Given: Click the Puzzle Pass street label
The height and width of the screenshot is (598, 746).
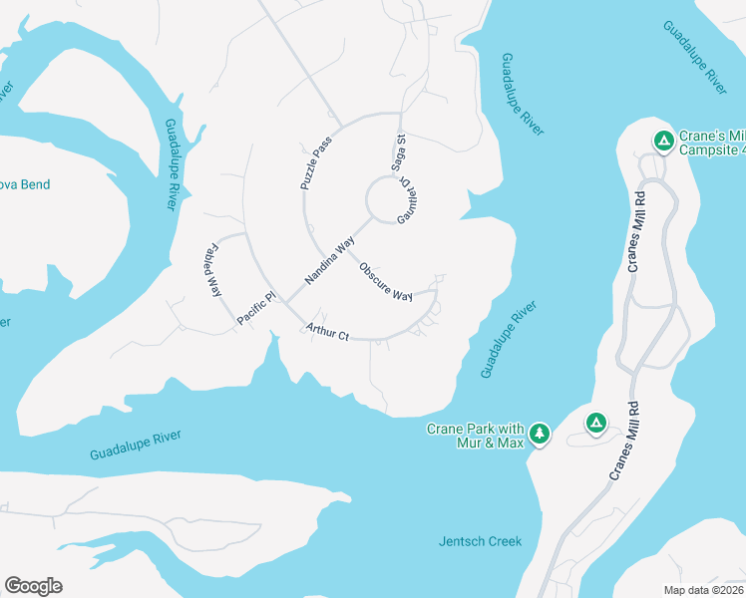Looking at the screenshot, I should coord(315,163).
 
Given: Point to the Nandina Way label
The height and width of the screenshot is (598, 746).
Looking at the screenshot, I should coord(330,260).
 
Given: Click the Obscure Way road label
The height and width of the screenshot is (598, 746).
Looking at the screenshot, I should coord(386,282).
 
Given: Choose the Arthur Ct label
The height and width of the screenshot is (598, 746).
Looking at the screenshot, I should coord(327,331).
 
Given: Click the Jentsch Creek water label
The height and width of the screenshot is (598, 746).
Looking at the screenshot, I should coord(480,541).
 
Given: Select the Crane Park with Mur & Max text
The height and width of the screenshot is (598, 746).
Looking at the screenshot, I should coord(475,435).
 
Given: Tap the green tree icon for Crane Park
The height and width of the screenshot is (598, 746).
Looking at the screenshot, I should coord(540,433).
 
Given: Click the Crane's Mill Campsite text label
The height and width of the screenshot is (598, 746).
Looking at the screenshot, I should coord(711,143).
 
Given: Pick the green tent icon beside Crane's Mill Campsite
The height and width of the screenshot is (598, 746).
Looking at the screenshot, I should coord(661,140).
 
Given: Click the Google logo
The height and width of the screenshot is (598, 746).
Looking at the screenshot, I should coord(33,585).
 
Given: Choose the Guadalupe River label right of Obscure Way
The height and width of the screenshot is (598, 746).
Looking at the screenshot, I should coord(508,339).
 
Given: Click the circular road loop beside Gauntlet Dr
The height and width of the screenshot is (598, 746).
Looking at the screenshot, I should coord(385,199).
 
